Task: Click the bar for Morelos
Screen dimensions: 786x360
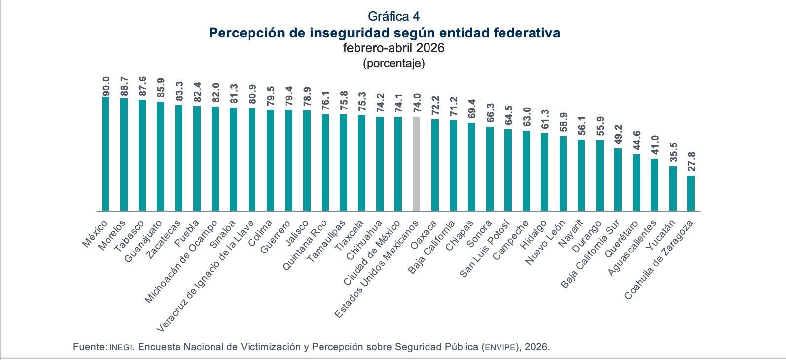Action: coord(124,154)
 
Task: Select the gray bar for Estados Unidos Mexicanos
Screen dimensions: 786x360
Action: coord(417,164)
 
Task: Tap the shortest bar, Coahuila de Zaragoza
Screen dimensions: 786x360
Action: coord(691,193)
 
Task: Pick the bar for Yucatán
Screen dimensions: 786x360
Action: coord(673,188)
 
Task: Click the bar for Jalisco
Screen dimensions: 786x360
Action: coord(307,161)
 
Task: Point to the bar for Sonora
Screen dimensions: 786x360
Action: coord(490,169)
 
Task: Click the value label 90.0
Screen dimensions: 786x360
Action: coord(106,86)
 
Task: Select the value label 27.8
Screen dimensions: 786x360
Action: coord(691,162)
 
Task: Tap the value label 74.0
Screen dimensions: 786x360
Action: coord(417,103)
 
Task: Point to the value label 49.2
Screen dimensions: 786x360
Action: coord(618,135)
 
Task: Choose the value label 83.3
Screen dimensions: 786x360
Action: coord(179,91)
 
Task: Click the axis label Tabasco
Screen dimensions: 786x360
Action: coord(129,237)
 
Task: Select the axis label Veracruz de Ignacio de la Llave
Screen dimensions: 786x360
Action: coord(205,277)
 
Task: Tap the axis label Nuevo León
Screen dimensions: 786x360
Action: coord(545,243)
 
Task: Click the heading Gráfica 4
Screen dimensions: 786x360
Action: coord(393,16)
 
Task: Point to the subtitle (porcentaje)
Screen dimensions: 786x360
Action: coord(393,63)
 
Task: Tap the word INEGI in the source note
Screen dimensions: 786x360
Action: coord(121,347)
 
